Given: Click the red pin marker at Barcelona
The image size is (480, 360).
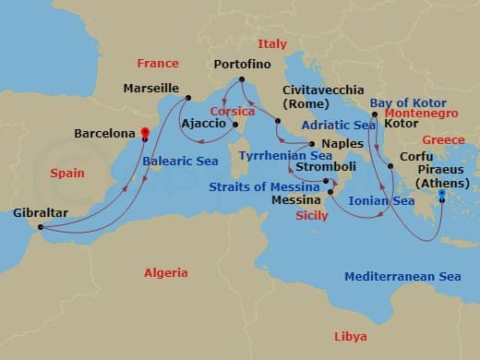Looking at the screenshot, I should click(x=145, y=133).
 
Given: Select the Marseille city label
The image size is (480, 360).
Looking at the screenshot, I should click(x=150, y=89).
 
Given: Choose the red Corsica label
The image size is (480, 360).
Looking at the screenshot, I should click(x=233, y=111).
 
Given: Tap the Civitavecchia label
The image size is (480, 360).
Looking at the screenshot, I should click(x=312, y=90).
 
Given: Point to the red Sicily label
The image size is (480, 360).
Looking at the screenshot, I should click(x=312, y=215).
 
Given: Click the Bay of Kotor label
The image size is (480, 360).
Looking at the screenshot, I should click(x=407, y=102).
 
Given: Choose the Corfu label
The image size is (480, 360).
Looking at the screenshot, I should click(x=415, y=158).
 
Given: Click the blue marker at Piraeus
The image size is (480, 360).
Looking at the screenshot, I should click(x=442, y=193).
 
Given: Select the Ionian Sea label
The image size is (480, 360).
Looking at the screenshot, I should click(x=381, y=199).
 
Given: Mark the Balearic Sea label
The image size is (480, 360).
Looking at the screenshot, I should click(x=181, y=161).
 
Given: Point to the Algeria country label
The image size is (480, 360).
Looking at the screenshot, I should click(x=165, y=272).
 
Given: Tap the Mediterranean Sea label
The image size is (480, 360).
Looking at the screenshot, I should click(x=402, y=276).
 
